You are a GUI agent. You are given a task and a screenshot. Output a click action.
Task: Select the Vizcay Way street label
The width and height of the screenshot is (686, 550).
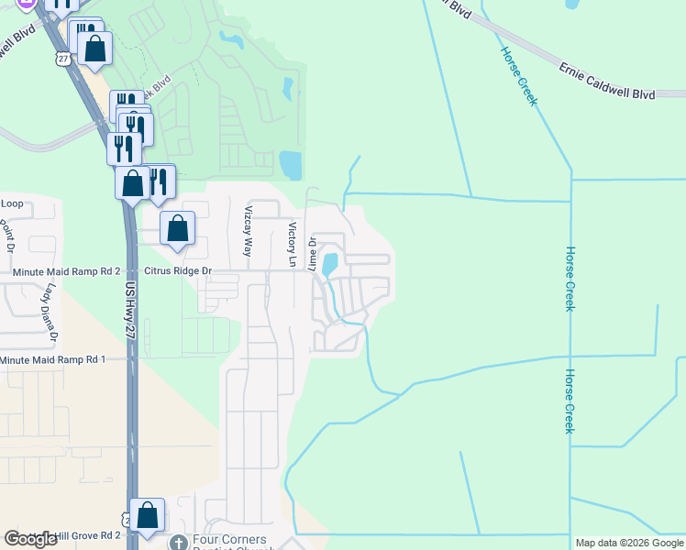pos(247,231)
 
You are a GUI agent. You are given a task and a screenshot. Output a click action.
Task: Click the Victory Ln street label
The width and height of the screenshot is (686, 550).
pos(293,244)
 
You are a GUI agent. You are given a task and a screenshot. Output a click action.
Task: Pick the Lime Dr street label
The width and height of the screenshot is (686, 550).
pos(312,253)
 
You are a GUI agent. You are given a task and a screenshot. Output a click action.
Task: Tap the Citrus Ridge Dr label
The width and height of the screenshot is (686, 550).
pos(179,271)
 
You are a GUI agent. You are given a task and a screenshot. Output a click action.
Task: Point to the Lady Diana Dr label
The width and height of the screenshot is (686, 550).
pos(47,313)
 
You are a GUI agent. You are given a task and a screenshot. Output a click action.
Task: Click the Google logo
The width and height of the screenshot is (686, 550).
pos(30,539)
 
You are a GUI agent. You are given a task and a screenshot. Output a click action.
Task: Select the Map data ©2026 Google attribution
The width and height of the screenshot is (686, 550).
pos(629,543)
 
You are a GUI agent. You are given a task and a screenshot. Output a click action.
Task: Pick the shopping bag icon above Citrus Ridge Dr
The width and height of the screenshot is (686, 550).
pos(178,229)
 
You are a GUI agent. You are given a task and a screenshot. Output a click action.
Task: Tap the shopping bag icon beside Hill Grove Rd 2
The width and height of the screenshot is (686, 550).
pos(147,516)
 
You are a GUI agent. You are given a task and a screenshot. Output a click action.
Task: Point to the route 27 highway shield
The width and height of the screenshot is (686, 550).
pos(62,58)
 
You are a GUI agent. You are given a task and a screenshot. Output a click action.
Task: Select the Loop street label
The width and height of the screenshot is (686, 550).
pos(12,203)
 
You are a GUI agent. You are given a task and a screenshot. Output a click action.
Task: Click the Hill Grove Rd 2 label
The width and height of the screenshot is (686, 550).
pos(83,534)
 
